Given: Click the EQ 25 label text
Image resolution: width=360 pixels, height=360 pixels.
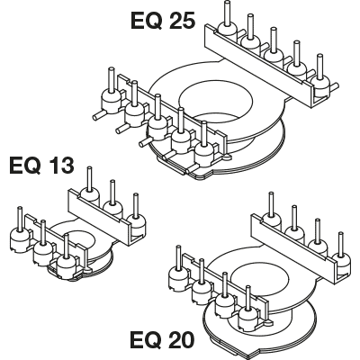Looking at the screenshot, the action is click(163, 22).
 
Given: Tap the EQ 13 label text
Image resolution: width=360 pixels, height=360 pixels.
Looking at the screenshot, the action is click(41, 166).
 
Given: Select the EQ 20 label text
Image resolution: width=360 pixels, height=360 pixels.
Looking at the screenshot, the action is click(162, 339).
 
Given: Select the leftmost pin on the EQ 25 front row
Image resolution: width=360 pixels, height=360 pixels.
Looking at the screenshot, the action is click(111, 80).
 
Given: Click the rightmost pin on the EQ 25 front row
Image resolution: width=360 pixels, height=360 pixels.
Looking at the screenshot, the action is click(204, 134).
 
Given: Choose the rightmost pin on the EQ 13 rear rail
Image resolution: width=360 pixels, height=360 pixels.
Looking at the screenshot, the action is click(136, 205).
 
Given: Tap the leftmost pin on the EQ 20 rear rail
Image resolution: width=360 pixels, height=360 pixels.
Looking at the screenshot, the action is click(271, 204).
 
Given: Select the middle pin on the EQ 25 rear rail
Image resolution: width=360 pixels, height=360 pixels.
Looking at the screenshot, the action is click(273, 40).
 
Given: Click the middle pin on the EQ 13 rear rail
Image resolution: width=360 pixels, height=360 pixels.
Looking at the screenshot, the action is click(112, 192).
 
